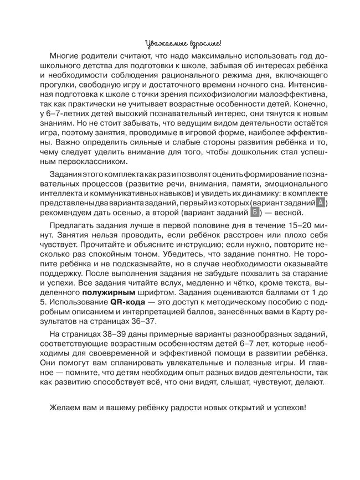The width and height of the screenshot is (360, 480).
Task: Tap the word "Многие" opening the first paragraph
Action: [68, 56]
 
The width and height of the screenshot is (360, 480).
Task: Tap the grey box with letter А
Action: [321, 203]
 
